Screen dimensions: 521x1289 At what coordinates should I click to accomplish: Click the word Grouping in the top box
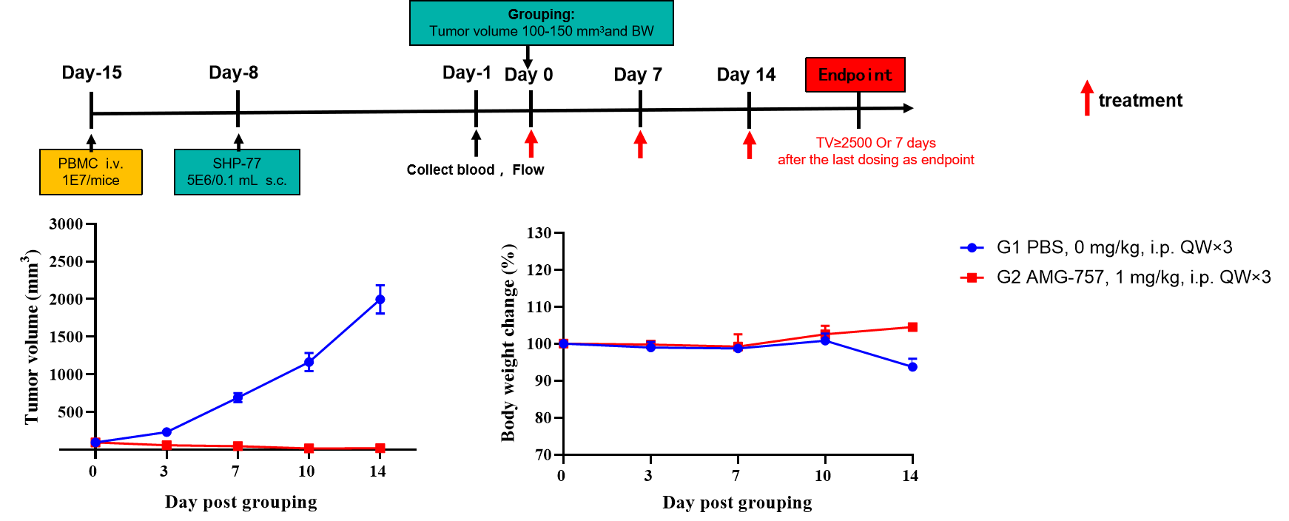541,14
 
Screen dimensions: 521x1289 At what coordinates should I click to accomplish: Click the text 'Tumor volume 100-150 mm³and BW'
541,31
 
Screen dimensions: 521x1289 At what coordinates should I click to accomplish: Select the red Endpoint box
855,75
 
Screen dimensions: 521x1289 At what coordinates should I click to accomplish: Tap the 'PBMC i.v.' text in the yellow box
90,164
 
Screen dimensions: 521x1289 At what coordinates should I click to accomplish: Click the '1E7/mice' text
90,181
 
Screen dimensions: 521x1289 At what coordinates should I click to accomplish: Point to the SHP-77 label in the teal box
237,164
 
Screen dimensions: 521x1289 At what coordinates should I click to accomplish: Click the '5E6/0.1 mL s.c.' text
237,181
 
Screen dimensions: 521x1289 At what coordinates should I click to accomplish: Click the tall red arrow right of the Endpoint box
1087,98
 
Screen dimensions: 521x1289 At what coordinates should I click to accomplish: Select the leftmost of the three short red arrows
531,144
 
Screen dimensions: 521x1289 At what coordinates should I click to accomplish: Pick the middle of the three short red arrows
640,144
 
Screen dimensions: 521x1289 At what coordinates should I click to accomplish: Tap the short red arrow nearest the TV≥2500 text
750,144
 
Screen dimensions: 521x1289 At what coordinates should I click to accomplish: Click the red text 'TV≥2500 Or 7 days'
875,143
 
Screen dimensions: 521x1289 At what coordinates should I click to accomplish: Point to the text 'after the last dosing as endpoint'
876,160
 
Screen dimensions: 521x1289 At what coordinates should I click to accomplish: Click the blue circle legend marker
972,248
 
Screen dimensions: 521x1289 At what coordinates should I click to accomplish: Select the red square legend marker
972,278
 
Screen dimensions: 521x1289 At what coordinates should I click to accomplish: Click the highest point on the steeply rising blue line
380,300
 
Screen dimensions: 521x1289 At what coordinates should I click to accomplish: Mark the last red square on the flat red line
380,448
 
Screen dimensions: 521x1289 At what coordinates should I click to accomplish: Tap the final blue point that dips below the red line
912,367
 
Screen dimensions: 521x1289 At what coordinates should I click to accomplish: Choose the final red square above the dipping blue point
912,327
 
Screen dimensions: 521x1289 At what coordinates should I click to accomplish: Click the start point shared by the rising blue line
95,443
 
